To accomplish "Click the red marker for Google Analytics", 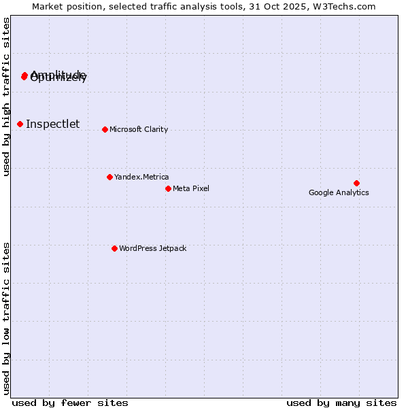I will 356,183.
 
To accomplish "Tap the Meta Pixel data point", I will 168,188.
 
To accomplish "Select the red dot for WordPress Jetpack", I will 114,248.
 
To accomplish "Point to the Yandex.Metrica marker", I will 109,177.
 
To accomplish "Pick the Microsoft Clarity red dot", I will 105,129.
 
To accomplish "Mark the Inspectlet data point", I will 20,124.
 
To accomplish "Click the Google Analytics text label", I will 339,193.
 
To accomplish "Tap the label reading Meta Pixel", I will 191,188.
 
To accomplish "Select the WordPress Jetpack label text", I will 152,248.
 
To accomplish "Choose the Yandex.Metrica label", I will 141,177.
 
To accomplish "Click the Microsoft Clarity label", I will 139,129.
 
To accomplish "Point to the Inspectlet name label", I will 53,124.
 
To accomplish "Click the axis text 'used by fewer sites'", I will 70,403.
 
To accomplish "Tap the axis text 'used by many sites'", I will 341,403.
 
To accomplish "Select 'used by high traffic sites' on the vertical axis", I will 6,97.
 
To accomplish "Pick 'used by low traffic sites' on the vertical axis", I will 6,318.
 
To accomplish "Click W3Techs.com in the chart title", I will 348,7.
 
